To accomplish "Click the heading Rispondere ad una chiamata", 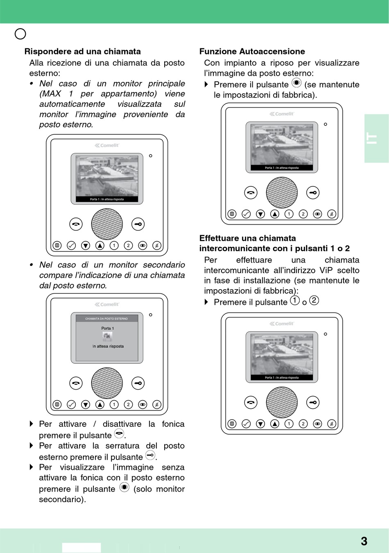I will click(x=82, y=52).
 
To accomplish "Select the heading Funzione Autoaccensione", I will click(x=252, y=52).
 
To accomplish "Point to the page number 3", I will click(x=364, y=541).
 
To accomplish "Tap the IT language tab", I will click(x=372, y=138).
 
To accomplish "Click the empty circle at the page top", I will click(x=20, y=34).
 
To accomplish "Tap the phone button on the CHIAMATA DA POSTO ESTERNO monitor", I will click(x=76, y=383).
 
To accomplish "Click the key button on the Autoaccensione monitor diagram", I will click(x=313, y=193).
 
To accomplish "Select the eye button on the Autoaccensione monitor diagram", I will click(x=317, y=214).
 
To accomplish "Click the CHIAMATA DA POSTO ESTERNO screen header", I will click(x=106, y=318).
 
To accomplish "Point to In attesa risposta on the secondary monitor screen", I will click(x=108, y=346).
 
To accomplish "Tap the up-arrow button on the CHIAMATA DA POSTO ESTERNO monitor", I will click(x=100, y=405).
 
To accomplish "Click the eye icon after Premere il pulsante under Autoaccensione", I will click(x=296, y=83).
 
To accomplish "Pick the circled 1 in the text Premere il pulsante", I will click(x=295, y=300).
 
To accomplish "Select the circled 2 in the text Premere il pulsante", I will click(x=314, y=300).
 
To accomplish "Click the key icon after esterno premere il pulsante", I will click(x=150, y=455).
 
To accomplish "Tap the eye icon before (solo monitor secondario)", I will click(x=124, y=487).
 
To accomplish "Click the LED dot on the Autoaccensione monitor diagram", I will click(x=326, y=124).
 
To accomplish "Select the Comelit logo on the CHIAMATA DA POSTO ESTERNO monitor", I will click(x=107, y=304).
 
